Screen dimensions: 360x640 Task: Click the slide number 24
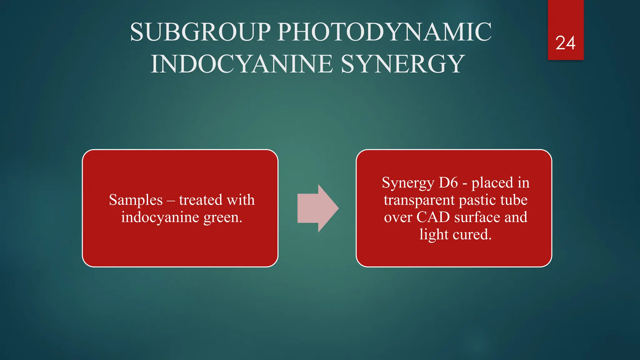click(565, 43)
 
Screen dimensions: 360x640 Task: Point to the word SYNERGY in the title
click(403, 64)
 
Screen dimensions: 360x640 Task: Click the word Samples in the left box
click(136, 200)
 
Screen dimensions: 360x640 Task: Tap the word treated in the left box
click(200, 200)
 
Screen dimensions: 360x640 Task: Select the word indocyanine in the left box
click(160, 217)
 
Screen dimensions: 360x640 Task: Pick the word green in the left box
click(222, 217)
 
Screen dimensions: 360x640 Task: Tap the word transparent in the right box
click(419, 200)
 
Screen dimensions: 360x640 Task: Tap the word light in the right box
click(434, 235)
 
